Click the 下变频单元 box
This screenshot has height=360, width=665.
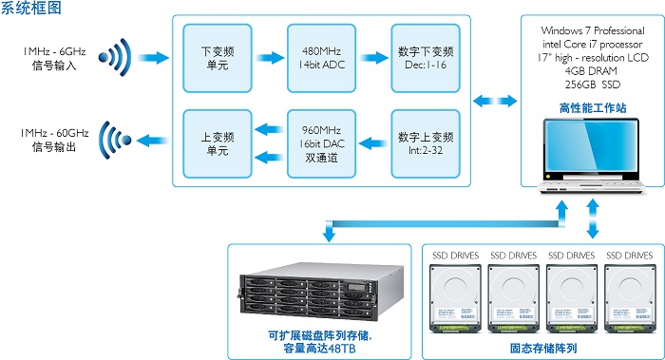coord(218,58)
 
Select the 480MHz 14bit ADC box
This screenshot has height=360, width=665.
coord(321,58)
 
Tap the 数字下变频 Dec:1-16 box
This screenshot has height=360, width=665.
coord(426,58)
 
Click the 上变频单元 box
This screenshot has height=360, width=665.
coord(218,143)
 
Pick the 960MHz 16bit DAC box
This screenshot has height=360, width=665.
coord(321,143)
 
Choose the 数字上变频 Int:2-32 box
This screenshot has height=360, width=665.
coord(426,143)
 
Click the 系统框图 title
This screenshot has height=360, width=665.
coord(31,8)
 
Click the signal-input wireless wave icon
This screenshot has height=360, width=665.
coord(115,57)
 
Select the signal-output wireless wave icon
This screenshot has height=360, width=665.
coord(115,140)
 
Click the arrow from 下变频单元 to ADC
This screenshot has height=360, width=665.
coord(270,58)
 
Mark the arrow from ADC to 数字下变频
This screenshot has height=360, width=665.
coord(373,58)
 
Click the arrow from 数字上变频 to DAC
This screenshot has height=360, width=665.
coord(373,143)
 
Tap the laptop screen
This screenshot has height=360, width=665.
coord(591,146)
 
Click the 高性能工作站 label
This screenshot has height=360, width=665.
coord(593,107)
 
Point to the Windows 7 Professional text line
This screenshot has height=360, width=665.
coord(593,30)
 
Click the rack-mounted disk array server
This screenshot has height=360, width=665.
coord(321,291)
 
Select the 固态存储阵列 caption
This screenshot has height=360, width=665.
coord(543,349)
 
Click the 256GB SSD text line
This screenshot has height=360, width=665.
coord(593,85)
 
